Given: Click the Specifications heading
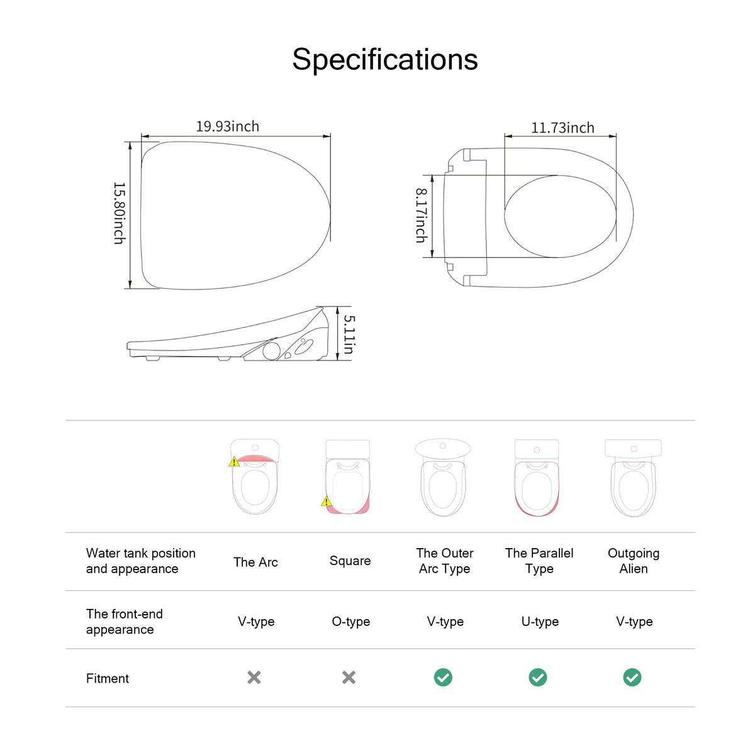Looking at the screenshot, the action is pyautogui.click(x=385, y=60).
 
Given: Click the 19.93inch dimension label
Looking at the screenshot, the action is pyautogui.click(x=228, y=126).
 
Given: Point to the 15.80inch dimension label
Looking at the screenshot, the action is pyautogui.click(x=119, y=213).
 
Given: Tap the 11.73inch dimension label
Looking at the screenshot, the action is pyautogui.click(x=562, y=128).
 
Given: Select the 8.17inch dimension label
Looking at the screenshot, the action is pyautogui.click(x=422, y=216).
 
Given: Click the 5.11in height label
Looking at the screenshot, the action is pyautogui.click(x=349, y=334).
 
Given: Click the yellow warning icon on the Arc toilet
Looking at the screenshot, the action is pyautogui.click(x=234, y=462).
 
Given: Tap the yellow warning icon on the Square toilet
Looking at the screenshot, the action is pyautogui.click(x=327, y=501).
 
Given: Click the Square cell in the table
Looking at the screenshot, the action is pyautogui.click(x=350, y=561).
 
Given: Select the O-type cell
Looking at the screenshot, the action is pyautogui.click(x=350, y=622).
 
